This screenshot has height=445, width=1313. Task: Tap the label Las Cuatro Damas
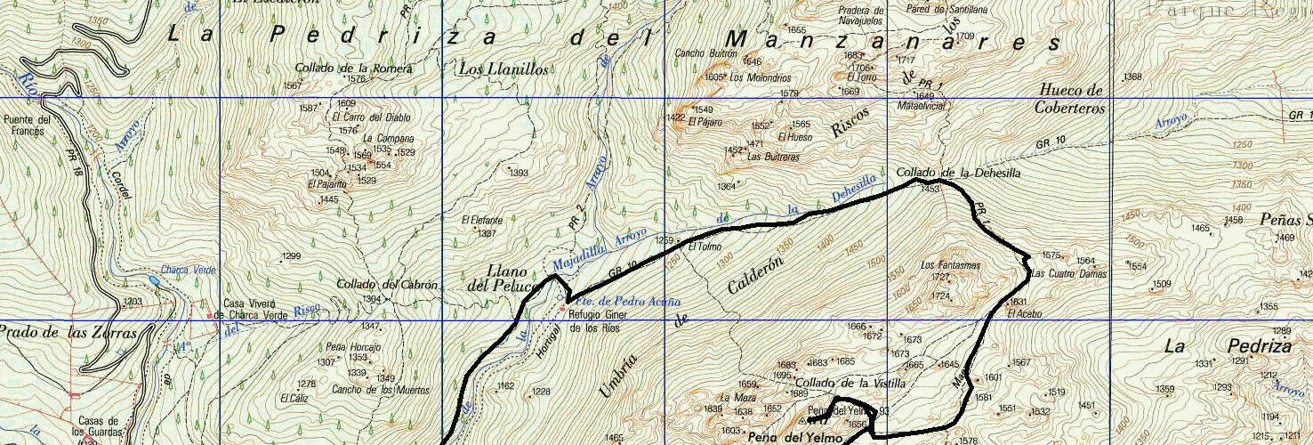coord(1067,274)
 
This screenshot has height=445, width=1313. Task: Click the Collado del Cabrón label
coord(387,285)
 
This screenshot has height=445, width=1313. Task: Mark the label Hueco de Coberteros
coord(1069,99)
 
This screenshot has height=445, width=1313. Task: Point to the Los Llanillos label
coord(503,69)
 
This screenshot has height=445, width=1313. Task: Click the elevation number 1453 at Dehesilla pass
coord(930,189)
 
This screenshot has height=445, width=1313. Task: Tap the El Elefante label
coord(482,220)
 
